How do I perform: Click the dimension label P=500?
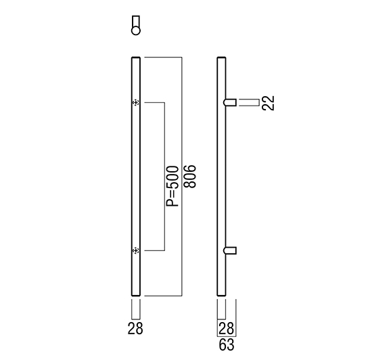click(172, 186)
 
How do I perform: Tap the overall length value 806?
click(189, 177)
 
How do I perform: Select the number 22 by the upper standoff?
click(268, 103)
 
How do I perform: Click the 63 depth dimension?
click(227, 344)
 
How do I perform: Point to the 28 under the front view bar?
click(135, 328)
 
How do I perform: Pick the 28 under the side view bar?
click(226, 328)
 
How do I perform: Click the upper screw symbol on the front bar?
click(136, 103)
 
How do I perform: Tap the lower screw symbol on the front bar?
click(136, 250)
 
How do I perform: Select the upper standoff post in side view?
click(230, 102)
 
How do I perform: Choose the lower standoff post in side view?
click(230, 250)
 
